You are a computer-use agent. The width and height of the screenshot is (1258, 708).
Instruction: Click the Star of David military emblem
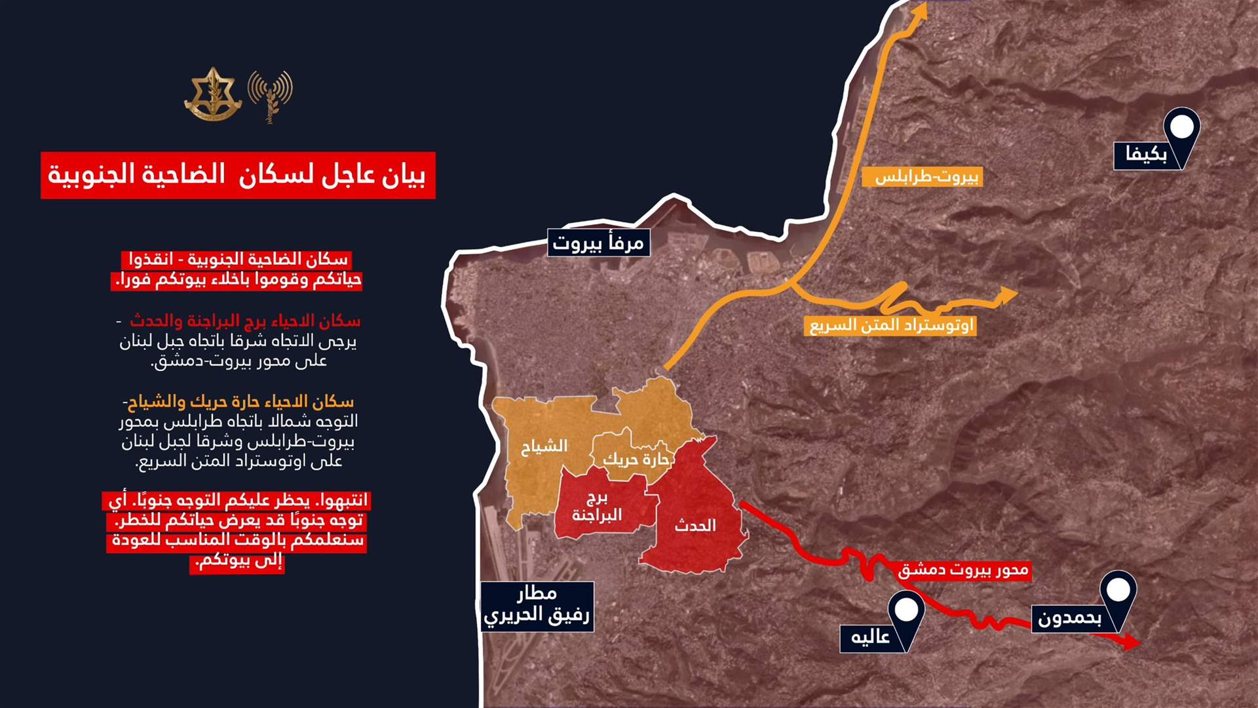[x=212, y=94]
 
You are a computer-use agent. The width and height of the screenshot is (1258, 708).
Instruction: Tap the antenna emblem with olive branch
[x=270, y=96]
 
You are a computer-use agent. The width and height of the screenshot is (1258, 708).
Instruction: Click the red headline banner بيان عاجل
[x=238, y=175]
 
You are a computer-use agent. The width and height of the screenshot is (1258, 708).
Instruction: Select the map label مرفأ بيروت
[x=598, y=243]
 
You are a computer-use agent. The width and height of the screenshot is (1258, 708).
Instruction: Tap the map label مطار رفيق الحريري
[x=537, y=606]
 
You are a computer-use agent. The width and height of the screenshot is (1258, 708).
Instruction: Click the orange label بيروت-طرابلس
[x=926, y=176]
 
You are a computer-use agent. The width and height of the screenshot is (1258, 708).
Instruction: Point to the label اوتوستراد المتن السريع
[x=892, y=325]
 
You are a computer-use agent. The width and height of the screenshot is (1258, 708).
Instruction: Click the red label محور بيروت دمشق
[x=963, y=570]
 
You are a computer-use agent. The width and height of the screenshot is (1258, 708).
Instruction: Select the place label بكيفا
[x=1146, y=155]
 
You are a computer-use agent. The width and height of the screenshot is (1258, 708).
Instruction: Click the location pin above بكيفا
[x=1181, y=127]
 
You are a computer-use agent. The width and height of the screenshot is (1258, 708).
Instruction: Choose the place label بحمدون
[x=1069, y=618]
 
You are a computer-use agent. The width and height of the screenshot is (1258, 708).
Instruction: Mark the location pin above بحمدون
[x=1118, y=590]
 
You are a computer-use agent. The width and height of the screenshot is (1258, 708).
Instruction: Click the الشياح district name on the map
[x=544, y=446]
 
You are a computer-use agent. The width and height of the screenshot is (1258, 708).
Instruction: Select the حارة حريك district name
[x=636, y=460]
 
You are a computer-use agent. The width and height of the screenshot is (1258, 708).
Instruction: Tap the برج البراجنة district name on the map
[x=596, y=507]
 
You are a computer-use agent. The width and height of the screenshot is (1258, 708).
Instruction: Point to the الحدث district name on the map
[x=695, y=526]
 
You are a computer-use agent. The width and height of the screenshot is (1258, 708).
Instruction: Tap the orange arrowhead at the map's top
[x=921, y=10]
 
